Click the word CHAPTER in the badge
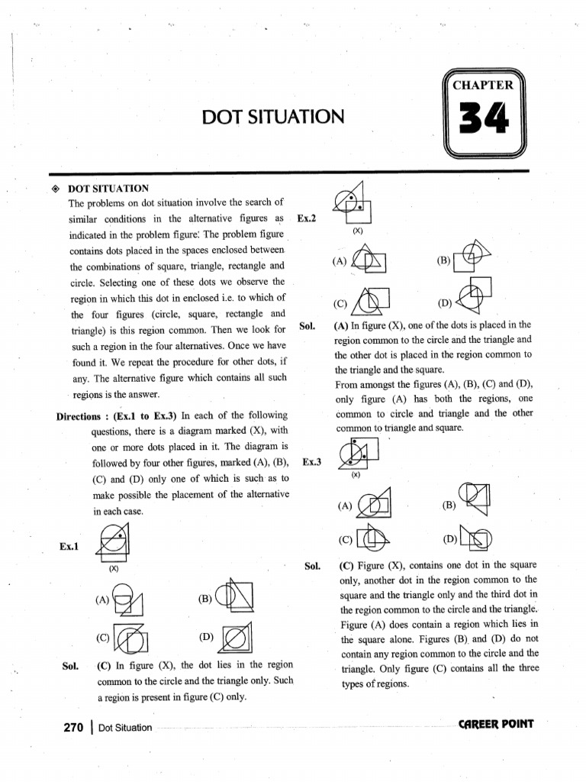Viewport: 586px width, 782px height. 484,85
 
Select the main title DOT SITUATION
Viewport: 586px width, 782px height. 273,117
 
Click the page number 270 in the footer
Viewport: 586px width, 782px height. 72,727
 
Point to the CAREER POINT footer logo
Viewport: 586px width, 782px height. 496,724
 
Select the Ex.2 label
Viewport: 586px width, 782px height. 307,218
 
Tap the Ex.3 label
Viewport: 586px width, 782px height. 312,462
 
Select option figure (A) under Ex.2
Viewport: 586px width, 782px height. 367,261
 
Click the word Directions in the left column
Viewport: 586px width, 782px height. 80,416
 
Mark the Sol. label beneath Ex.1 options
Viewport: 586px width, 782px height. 72,665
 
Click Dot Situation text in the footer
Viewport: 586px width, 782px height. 125,728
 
